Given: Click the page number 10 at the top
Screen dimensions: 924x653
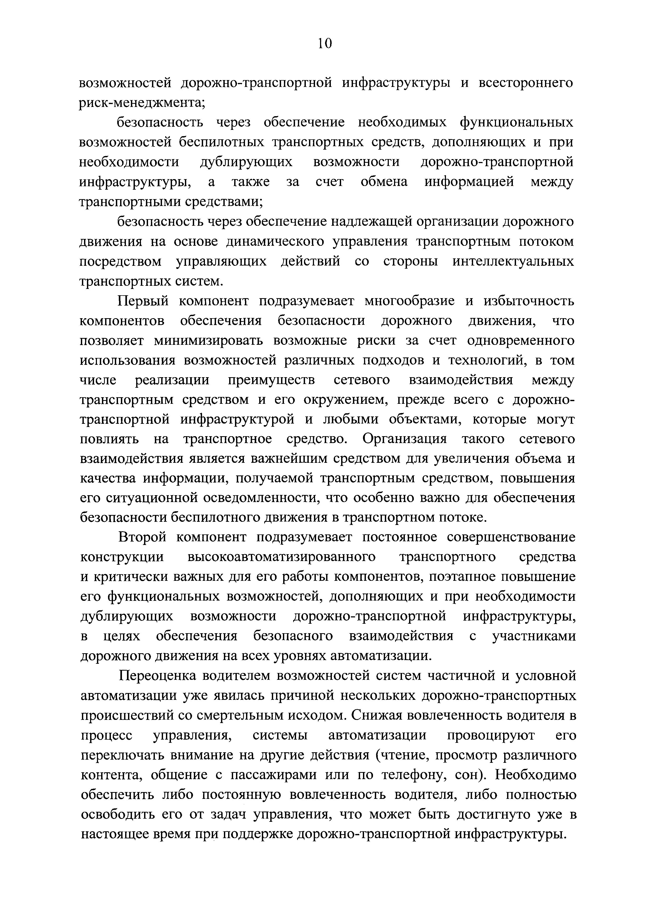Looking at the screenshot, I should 325,43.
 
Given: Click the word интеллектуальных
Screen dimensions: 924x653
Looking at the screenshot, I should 513,261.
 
